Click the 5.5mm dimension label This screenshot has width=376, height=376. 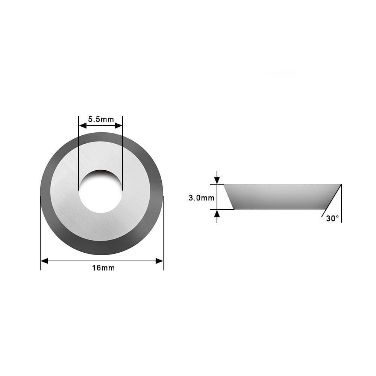click(100, 120)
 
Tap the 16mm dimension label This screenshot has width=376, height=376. click(103, 268)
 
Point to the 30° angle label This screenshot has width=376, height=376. click(332, 218)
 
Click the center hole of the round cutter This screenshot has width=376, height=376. click(100, 191)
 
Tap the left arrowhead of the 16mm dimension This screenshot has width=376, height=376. click(44, 261)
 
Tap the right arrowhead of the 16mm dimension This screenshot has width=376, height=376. click(159, 261)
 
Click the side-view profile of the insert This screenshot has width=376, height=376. click(282, 196)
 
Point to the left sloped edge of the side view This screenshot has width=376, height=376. click(229, 197)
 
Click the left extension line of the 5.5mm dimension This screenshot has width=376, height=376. click(79, 150)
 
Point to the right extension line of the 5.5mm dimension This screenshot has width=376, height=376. click(123, 150)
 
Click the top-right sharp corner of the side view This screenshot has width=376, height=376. click(341, 184)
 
